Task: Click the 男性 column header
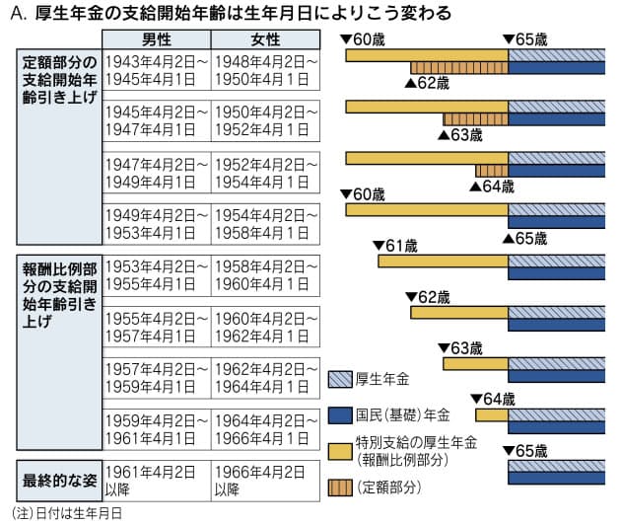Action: [156, 39]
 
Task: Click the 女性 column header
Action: [264, 39]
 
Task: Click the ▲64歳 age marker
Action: [492, 185]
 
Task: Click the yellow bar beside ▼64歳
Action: [491, 415]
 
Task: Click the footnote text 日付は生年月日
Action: [79, 513]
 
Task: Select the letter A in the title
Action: [13, 12]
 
